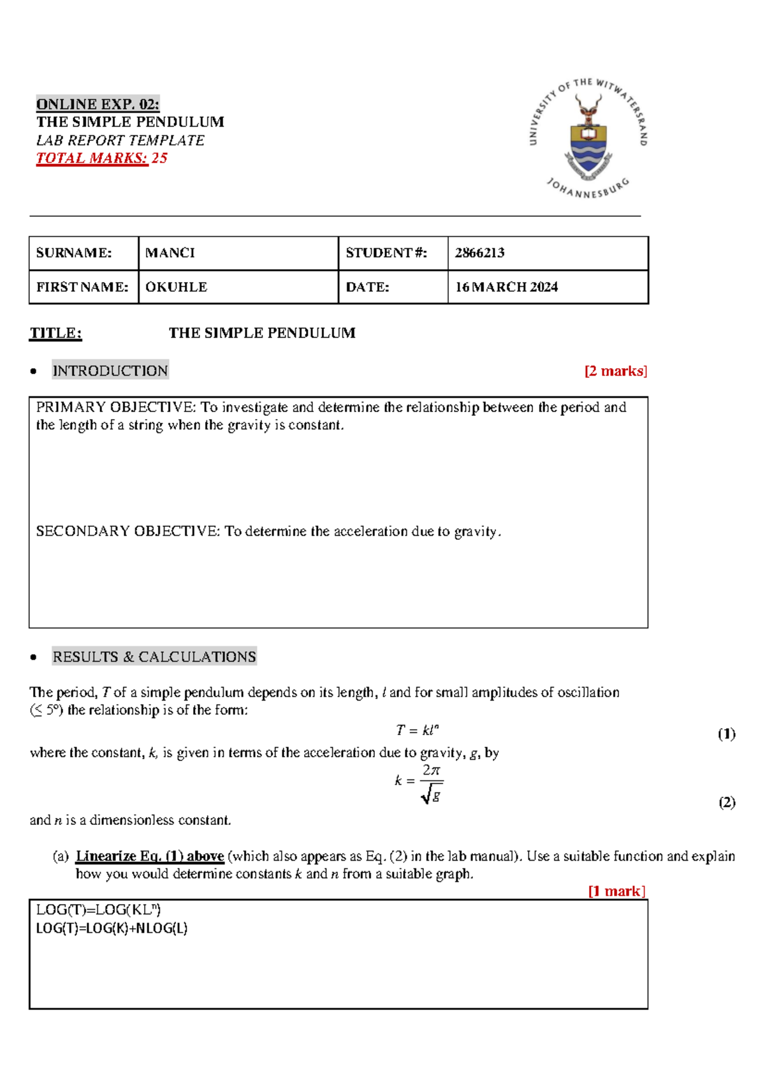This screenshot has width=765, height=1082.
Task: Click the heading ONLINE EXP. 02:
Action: point(98,104)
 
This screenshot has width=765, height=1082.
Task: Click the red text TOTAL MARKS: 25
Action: point(101,158)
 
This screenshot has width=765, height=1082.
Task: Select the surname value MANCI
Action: point(170,253)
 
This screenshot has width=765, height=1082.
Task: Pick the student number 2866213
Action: point(479,253)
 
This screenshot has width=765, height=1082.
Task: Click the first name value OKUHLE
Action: point(176,287)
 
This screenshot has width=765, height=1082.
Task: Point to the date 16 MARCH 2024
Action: point(506,287)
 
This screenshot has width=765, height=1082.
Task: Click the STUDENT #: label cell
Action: point(386,253)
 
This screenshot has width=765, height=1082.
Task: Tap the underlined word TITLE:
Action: point(55,333)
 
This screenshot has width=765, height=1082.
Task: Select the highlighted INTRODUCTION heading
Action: point(110,371)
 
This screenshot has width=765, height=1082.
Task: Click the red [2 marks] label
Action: point(615,371)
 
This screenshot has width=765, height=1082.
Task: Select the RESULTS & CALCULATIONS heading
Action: point(154,656)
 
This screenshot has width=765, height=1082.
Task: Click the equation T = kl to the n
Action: point(417,730)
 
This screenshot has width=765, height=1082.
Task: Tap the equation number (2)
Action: point(727,803)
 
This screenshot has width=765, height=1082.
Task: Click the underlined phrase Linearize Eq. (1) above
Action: point(149,856)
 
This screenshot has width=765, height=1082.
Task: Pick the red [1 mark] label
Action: point(616,891)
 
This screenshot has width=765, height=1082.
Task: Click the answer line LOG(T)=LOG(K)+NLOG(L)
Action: point(112,928)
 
